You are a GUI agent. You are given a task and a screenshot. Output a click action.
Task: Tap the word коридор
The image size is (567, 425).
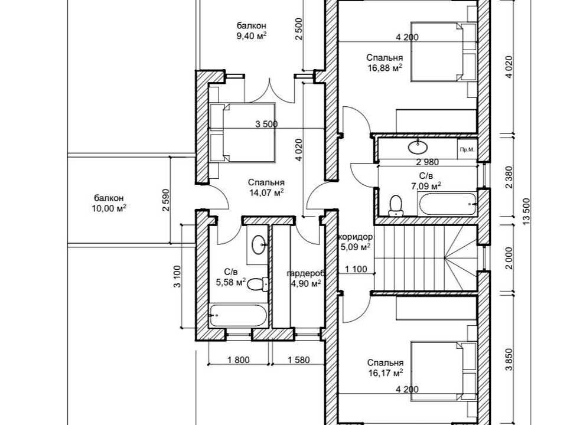click(x=356, y=237)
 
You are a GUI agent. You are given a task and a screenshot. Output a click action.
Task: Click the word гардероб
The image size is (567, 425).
click(x=307, y=273)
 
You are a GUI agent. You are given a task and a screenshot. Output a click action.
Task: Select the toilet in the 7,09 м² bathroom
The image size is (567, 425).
click(x=396, y=205)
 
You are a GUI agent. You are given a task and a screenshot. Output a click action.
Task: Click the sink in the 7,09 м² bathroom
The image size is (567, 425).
click(x=418, y=146)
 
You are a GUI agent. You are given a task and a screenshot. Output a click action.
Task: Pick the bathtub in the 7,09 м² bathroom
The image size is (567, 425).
click(x=448, y=204)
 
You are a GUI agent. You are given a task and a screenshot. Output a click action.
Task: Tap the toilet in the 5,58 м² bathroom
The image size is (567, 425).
click(x=259, y=284)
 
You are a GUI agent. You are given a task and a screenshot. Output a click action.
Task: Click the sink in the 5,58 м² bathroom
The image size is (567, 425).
click(x=259, y=244)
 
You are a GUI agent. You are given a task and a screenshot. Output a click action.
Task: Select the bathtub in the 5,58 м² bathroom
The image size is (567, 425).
click(x=239, y=315)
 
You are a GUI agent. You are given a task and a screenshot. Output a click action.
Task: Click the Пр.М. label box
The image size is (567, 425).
click(x=467, y=149)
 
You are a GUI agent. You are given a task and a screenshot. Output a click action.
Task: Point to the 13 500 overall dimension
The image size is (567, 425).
click(x=526, y=211)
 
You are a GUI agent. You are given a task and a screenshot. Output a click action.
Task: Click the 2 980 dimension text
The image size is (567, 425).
click(x=428, y=162)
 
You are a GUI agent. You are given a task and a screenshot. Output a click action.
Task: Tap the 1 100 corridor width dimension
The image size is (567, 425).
click(x=356, y=269)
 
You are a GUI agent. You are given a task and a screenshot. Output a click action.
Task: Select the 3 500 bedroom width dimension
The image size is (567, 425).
click(x=266, y=124)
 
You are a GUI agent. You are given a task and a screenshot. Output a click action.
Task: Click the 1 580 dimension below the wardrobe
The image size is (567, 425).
click(x=299, y=359)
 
